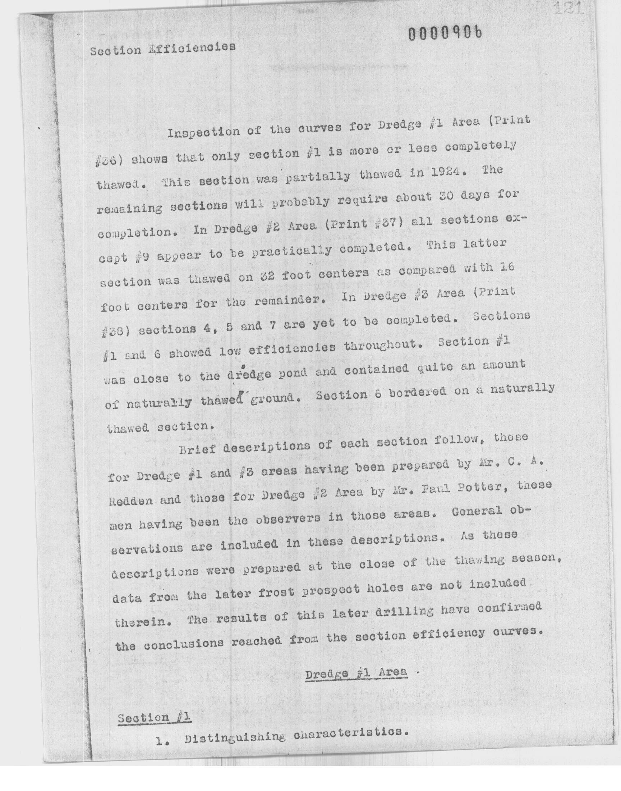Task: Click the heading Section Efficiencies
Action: click(163, 49)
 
